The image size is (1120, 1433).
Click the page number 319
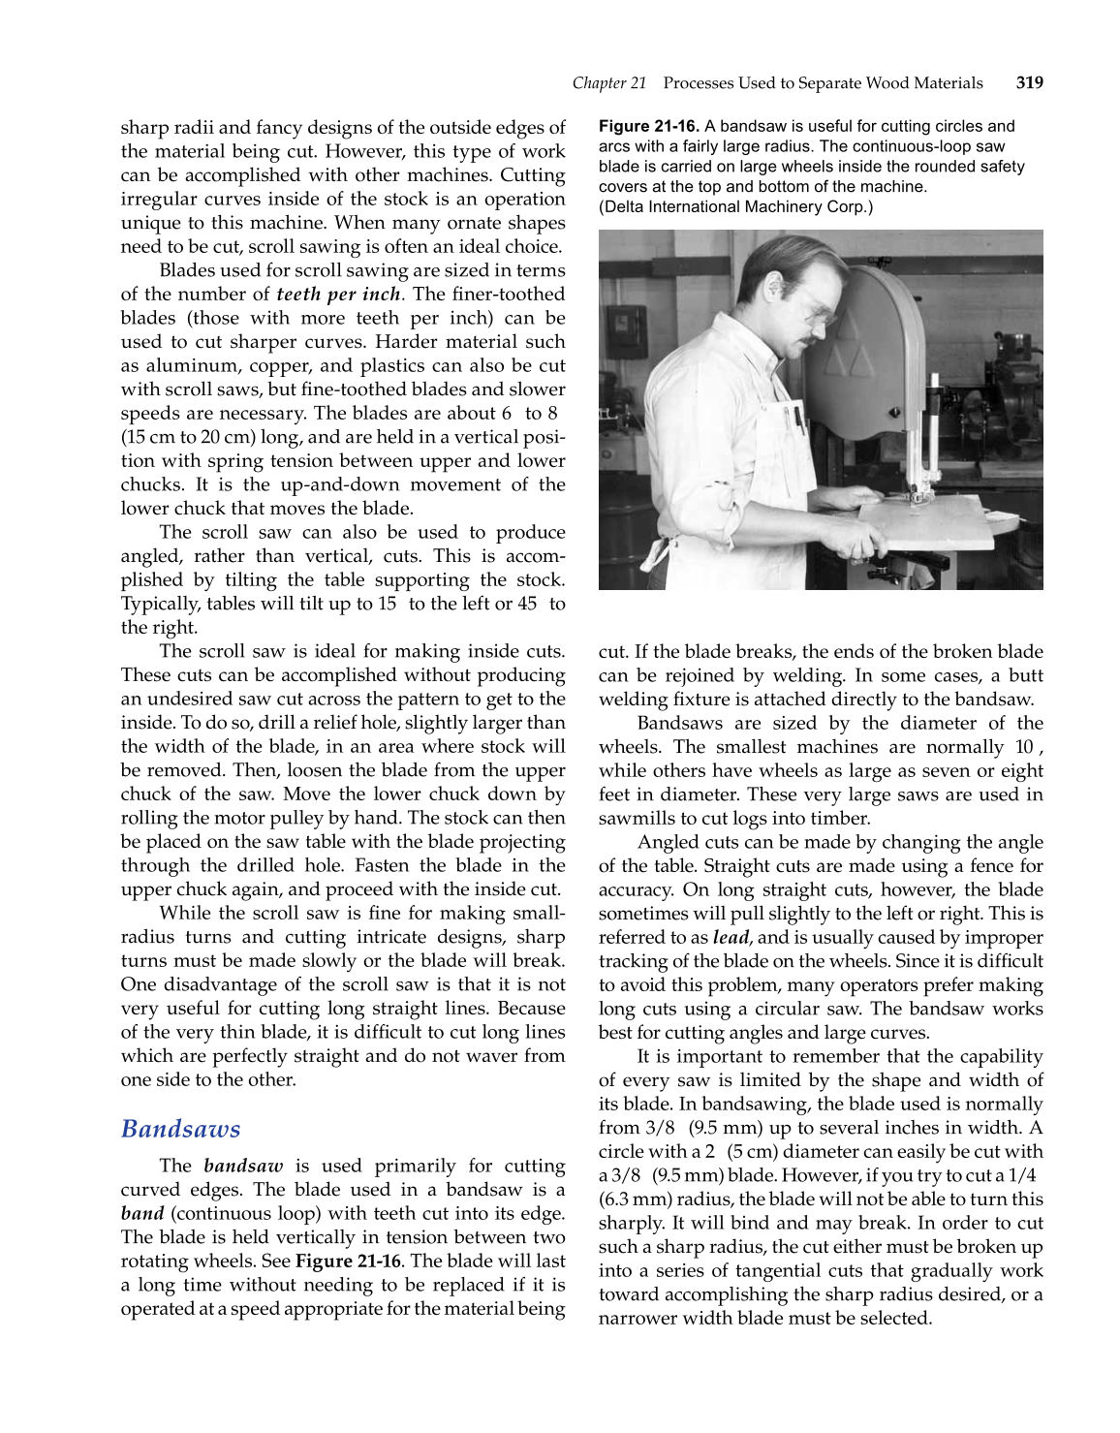pos(1029,83)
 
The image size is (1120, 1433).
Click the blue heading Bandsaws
pos(180,1129)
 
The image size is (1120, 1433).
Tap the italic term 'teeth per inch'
pos(337,295)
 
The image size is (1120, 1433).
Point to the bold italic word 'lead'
pos(731,938)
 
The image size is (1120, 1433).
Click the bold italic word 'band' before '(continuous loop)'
pos(141,1214)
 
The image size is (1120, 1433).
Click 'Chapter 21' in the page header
pos(608,83)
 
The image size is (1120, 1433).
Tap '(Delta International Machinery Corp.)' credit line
pos(735,206)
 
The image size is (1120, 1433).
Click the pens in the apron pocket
pos(797,417)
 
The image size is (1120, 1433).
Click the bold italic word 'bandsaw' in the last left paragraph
pos(243,1167)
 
